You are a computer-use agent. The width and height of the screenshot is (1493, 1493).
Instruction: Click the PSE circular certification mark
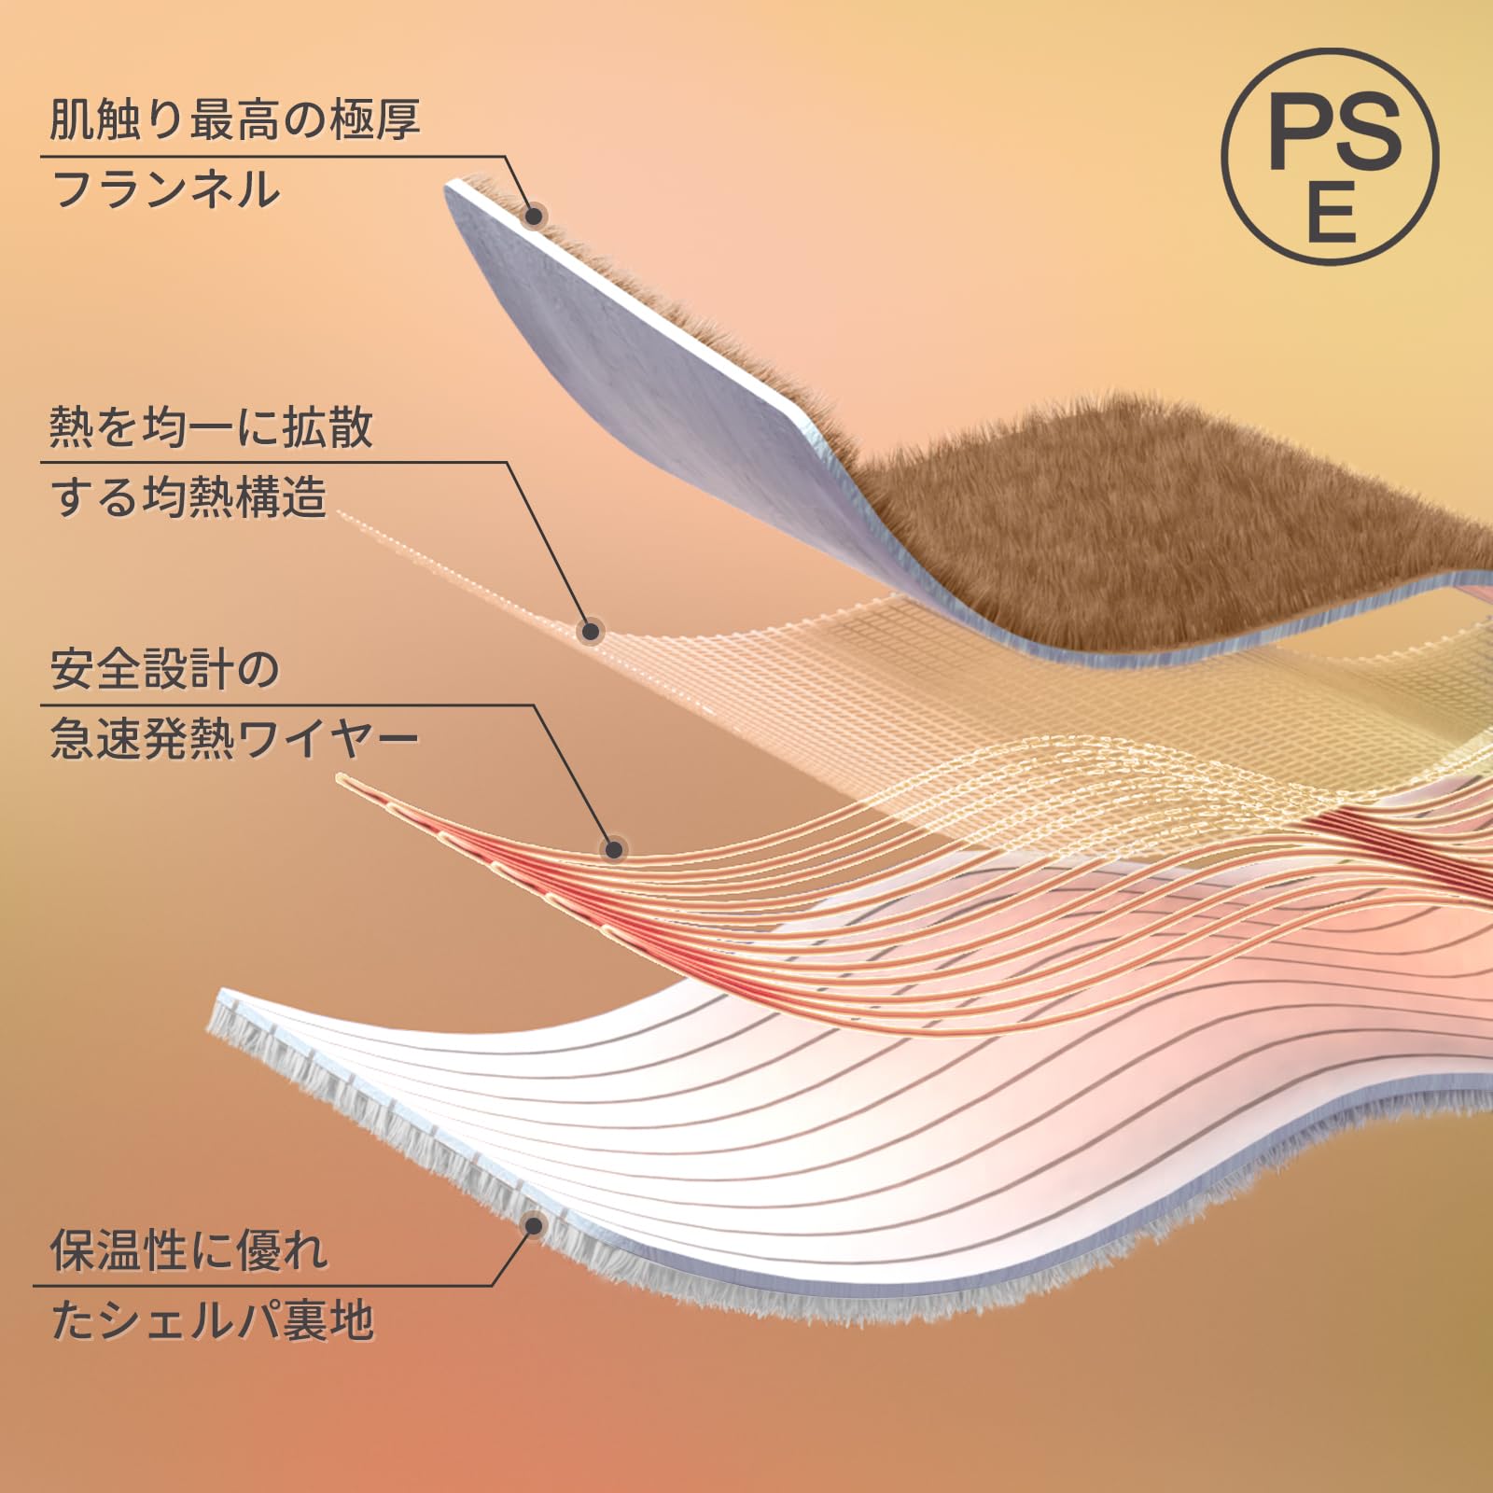[x=1330, y=157]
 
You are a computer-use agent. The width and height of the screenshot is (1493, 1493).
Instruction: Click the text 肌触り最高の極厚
[x=234, y=119]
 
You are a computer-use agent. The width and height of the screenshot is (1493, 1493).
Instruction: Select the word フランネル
[x=165, y=189]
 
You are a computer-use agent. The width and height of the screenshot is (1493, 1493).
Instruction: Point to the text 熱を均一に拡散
[x=211, y=427]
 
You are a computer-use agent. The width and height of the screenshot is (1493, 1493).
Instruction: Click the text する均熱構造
[x=188, y=496]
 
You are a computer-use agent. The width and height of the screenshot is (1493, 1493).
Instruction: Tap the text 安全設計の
[x=164, y=669]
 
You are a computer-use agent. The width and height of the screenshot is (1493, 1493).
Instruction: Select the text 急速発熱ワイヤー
[x=234, y=739]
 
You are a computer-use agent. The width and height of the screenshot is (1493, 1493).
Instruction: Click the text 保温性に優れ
[x=188, y=1250]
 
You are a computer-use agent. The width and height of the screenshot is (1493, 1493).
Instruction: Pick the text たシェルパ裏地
[x=212, y=1321]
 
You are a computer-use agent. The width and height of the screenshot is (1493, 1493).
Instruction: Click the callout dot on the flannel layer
[x=534, y=216]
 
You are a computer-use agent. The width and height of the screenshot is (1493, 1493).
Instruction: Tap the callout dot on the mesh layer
[x=590, y=632]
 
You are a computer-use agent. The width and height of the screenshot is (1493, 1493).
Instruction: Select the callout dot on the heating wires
[x=613, y=849]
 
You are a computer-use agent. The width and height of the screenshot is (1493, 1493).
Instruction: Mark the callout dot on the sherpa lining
[x=534, y=1225]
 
